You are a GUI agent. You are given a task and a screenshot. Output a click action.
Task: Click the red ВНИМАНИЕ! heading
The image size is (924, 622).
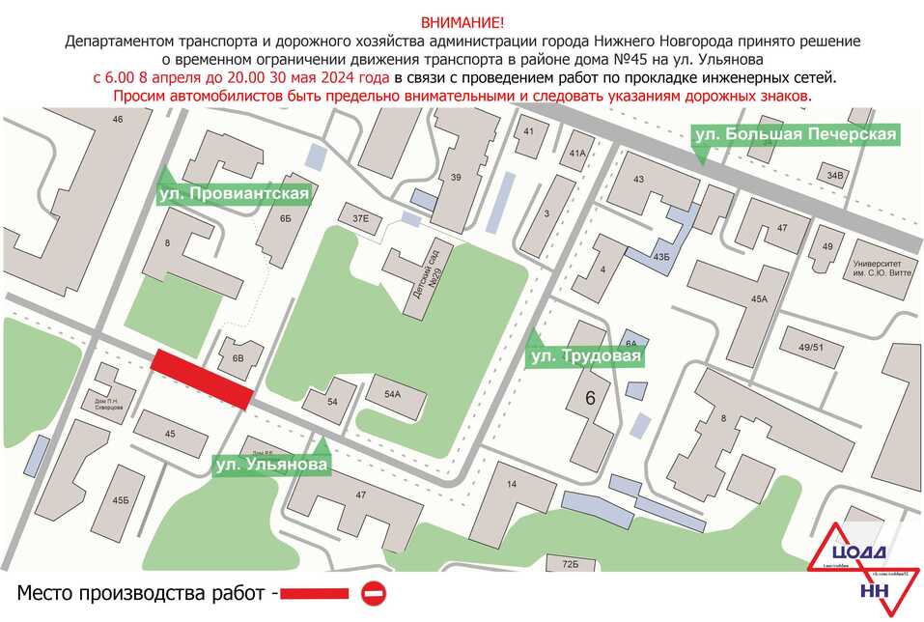[462, 22]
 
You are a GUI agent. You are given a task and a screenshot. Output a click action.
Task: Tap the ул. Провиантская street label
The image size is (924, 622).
[235, 194]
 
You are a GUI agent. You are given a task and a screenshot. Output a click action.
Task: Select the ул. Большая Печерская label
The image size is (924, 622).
[796, 134]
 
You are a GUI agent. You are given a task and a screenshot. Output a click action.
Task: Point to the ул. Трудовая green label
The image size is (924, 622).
[584, 357]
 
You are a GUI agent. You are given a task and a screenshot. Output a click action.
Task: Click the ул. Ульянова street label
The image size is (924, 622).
[271, 465]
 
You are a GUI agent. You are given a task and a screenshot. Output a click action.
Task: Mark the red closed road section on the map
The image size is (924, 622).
[203, 377]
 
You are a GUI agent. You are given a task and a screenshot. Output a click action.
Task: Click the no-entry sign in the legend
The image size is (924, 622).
[374, 593]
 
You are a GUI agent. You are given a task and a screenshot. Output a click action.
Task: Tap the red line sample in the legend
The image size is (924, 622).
[316, 593]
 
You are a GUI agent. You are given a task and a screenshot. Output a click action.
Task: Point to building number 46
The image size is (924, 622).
[118, 120]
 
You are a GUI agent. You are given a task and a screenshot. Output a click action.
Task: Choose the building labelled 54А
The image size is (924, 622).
[392, 394]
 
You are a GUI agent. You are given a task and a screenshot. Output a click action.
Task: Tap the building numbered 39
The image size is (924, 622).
[456, 177]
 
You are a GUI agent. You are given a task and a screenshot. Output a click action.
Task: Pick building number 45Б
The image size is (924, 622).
[120, 500]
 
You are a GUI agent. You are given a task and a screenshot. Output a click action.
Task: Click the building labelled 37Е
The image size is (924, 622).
[360, 218]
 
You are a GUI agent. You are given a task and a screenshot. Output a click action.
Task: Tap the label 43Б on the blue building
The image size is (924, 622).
[661, 257]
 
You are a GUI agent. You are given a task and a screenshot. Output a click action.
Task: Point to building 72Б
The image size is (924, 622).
[569, 563]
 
